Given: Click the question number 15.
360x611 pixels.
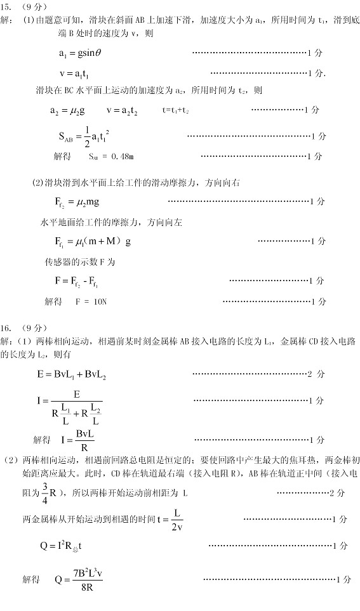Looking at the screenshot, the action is pyautogui.click(x=6, y=8).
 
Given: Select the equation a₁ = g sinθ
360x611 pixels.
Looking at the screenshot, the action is pyautogui.click(x=80, y=53).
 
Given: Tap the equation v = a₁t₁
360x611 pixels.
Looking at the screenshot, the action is pyautogui.click(x=76, y=73).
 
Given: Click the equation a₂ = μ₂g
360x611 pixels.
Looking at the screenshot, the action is pyautogui.click(x=67, y=110).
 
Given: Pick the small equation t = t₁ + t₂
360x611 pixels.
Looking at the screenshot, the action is pyautogui.click(x=176, y=110).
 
